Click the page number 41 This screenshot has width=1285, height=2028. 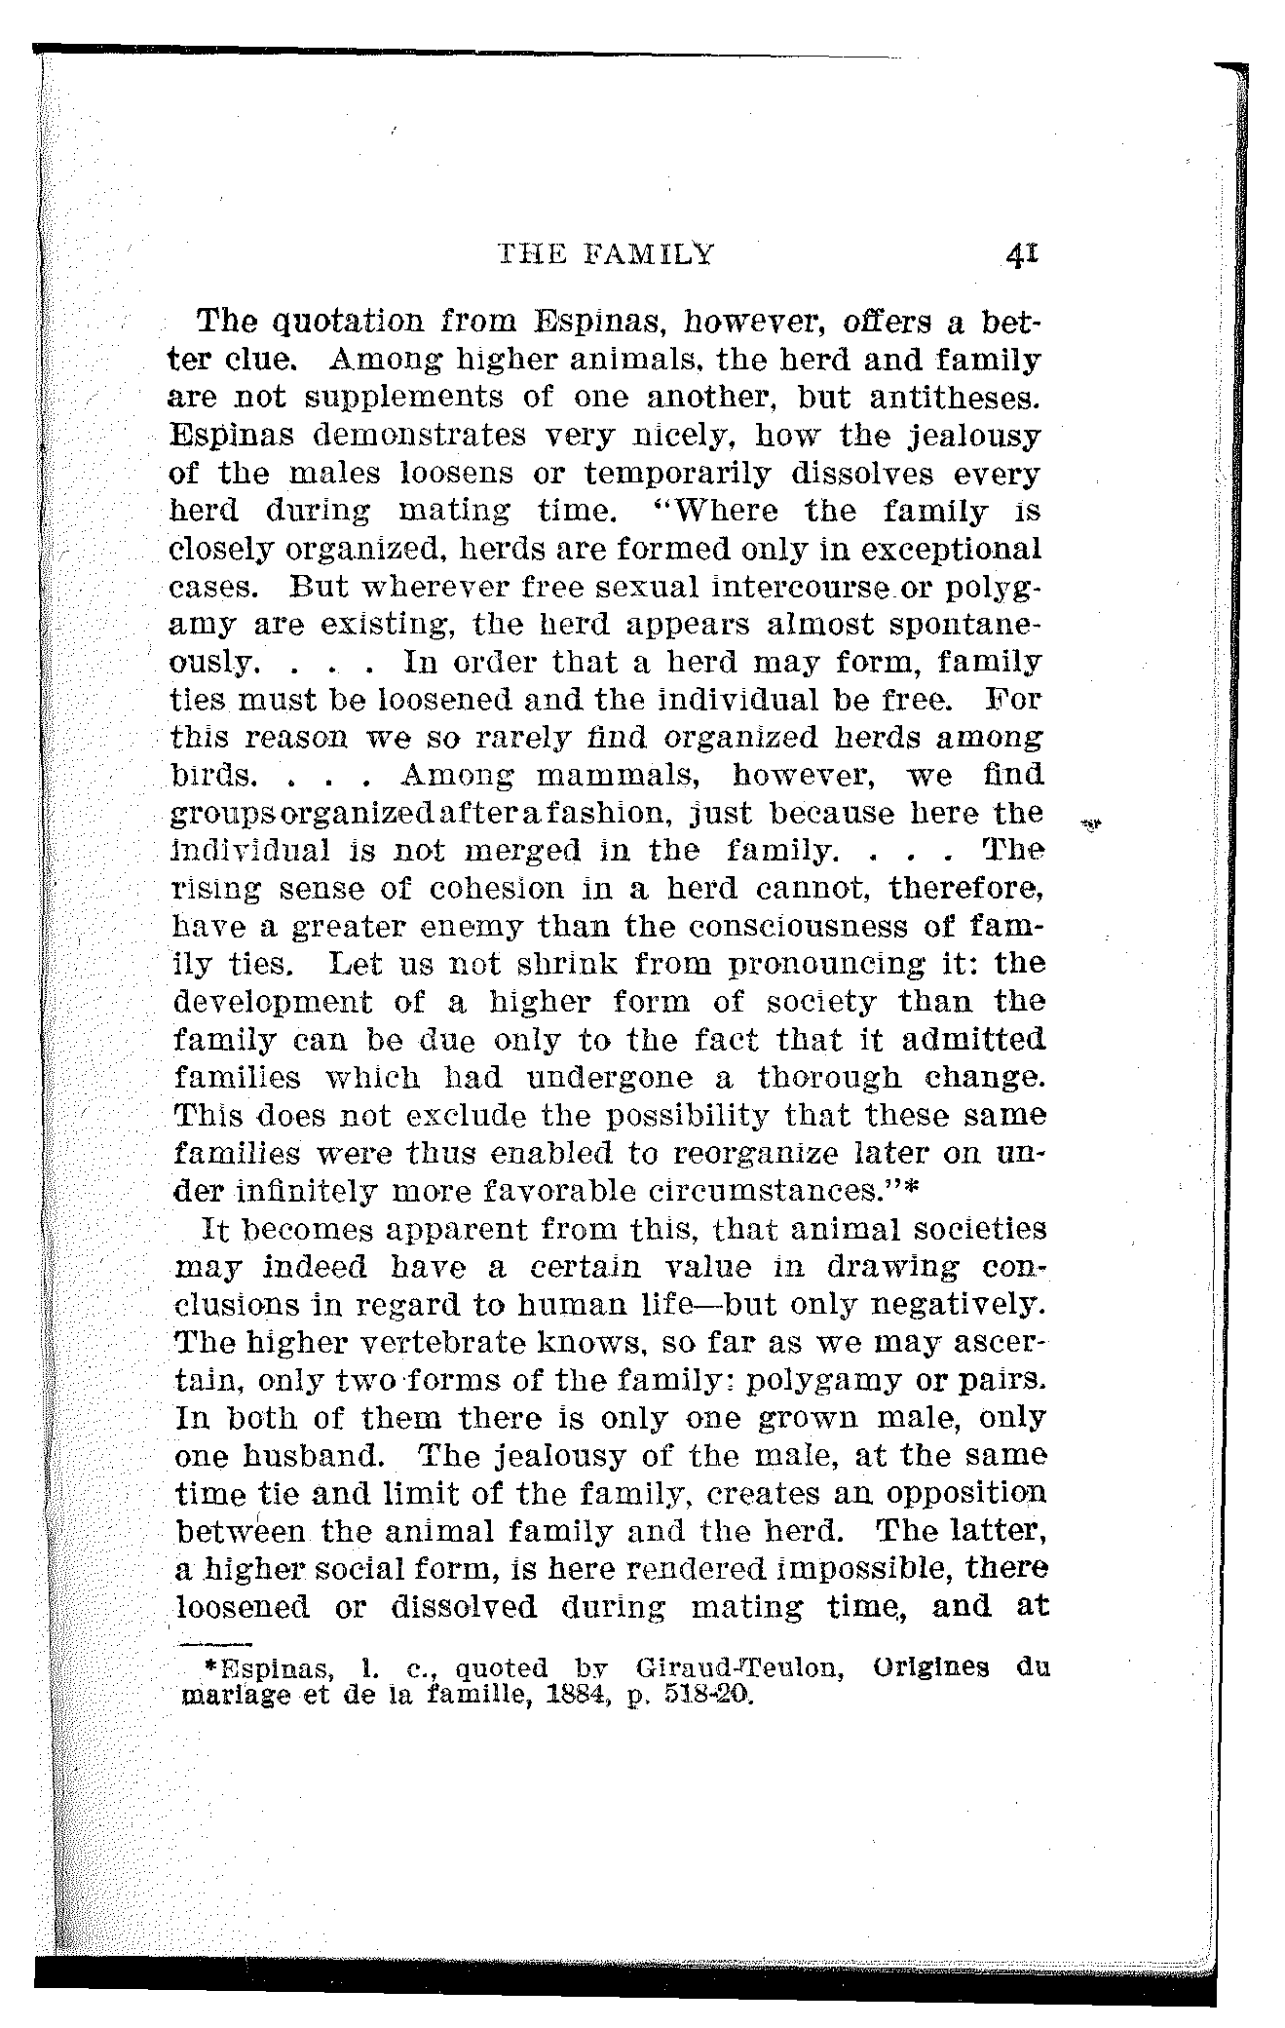click(1022, 255)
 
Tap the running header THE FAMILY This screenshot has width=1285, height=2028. click(606, 255)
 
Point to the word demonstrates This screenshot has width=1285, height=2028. click(418, 435)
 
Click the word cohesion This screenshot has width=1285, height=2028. click(472, 889)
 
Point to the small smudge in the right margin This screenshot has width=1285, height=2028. click(1090, 824)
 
